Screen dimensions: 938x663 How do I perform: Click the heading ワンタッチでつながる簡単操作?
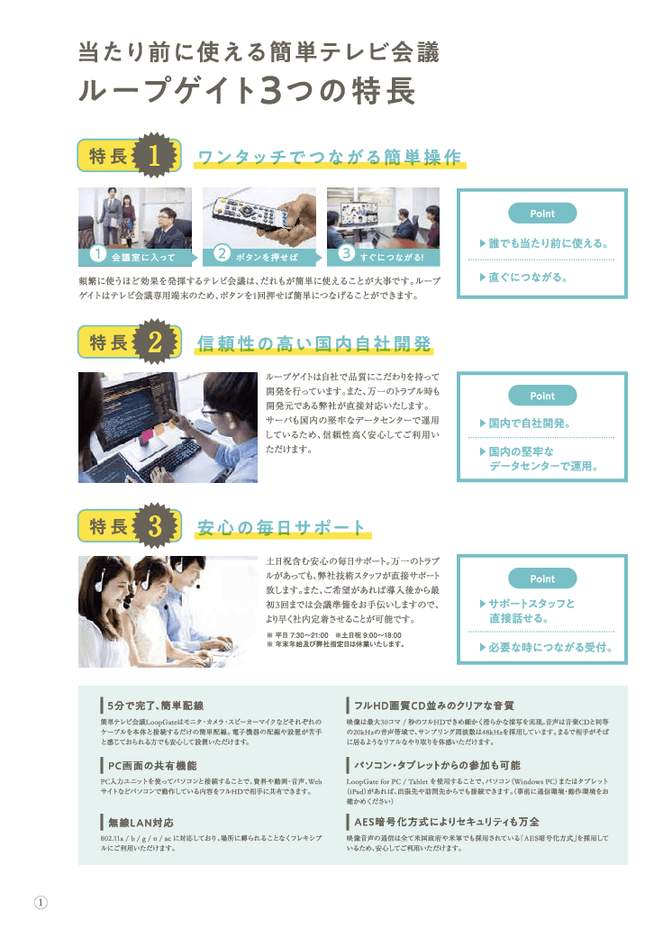329,157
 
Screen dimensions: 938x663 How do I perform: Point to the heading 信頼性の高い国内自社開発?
313,342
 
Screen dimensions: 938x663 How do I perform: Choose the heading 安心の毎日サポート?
281,527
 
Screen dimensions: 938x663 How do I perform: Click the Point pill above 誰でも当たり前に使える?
542,214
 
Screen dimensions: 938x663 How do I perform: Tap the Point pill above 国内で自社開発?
542,396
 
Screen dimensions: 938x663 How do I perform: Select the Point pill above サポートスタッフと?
542,578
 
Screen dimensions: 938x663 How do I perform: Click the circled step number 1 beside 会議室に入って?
99,256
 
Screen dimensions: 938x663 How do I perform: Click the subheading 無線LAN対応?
141,823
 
